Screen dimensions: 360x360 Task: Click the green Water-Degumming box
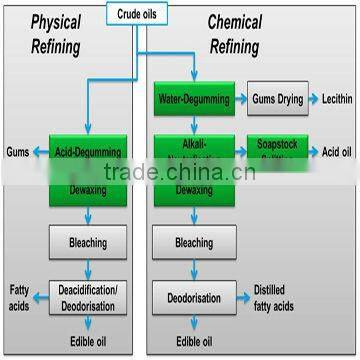(194, 99)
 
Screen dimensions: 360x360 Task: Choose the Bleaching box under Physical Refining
(88, 241)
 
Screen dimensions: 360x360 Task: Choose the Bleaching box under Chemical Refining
(194, 241)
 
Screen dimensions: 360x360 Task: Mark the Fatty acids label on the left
(19, 296)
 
